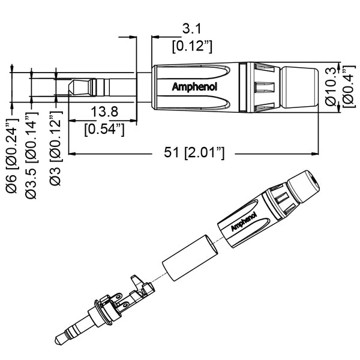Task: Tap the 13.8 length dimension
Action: click(x=104, y=111)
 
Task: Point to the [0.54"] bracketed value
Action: click(x=104, y=128)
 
